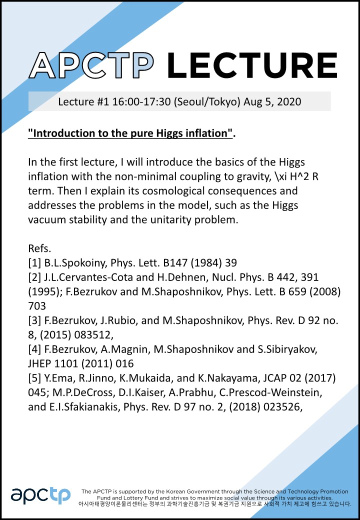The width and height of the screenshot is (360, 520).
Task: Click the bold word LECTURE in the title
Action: (252, 65)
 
